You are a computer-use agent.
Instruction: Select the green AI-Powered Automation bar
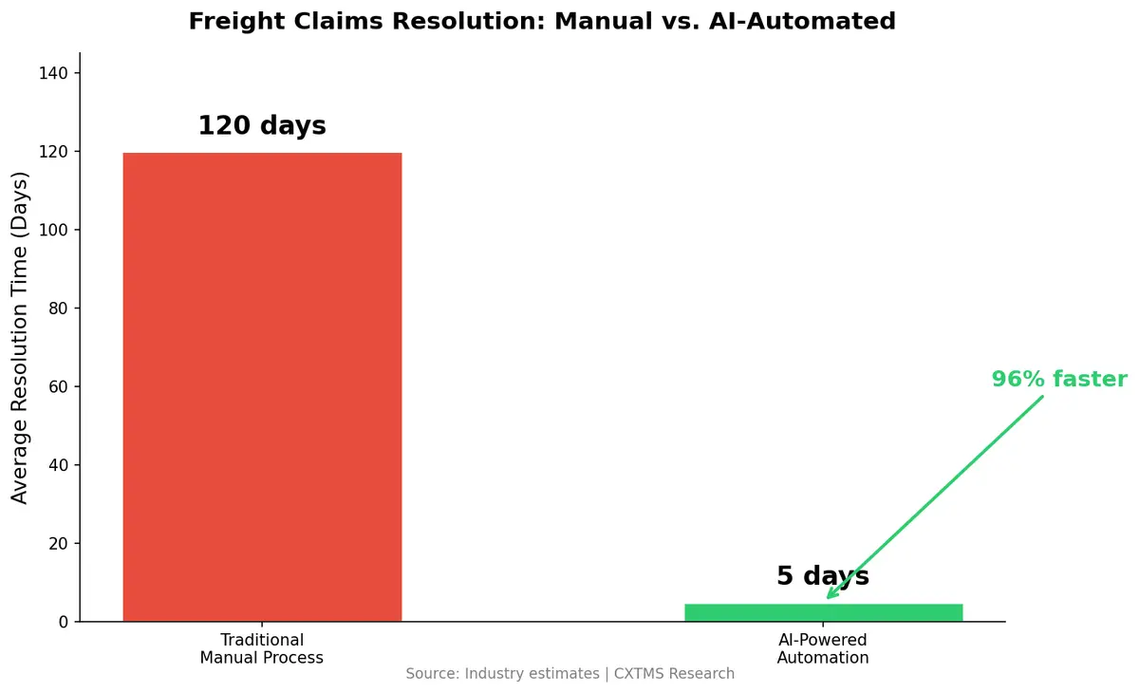pyautogui.click(x=823, y=612)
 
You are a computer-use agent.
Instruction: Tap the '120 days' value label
pyautogui.click(x=262, y=126)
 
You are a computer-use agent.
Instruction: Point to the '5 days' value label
pyautogui.click(x=823, y=576)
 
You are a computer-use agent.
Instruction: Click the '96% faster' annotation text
pyautogui.click(x=1059, y=380)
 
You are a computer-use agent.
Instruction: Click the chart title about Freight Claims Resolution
pyautogui.click(x=542, y=21)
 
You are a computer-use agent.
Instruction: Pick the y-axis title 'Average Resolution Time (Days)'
pyautogui.click(x=21, y=338)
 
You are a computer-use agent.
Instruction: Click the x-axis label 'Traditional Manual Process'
pyautogui.click(x=262, y=648)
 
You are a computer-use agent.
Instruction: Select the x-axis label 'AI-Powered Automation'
pyautogui.click(x=823, y=648)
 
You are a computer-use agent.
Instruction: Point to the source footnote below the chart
pyautogui.click(x=569, y=674)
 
